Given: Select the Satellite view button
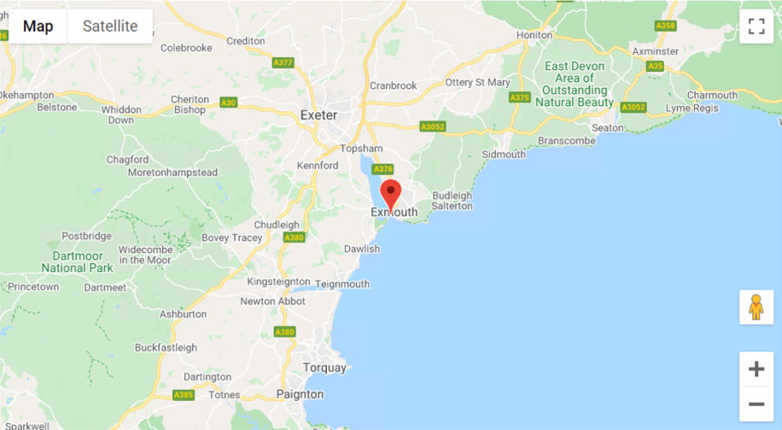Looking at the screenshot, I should click(110, 27).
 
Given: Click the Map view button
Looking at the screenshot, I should click(38, 27).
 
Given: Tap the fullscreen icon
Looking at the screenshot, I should click(756, 27).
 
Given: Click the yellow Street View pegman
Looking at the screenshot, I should click(756, 307).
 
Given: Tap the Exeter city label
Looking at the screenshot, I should click(318, 115).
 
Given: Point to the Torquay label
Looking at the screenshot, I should click(324, 368).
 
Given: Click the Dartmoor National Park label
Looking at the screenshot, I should click(77, 262).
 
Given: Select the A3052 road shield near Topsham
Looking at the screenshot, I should click(433, 127).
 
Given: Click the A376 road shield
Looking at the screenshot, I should click(383, 169).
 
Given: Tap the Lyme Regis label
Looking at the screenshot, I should click(692, 109).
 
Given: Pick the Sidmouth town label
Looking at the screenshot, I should click(504, 155).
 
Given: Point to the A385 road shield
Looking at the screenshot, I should click(184, 395).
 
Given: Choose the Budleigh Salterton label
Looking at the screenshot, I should click(452, 201).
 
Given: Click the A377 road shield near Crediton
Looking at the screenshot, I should click(283, 62).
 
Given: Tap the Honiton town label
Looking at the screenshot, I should click(534, 35).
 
